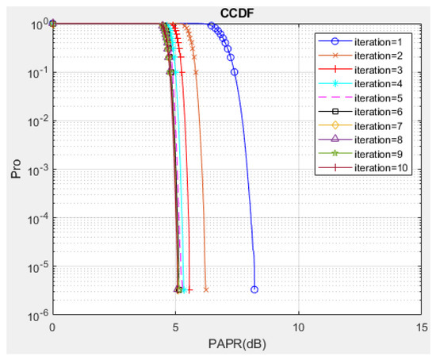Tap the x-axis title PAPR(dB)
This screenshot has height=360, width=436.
tap(236, 345)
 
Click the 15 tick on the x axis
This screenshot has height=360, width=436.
tap(422, 326)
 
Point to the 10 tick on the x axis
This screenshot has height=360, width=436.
tap(299, 326)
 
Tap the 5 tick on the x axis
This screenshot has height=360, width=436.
tap(175, 326)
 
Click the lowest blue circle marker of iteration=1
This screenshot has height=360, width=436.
tap(254, 289)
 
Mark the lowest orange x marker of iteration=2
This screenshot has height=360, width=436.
tap(205, 289)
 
